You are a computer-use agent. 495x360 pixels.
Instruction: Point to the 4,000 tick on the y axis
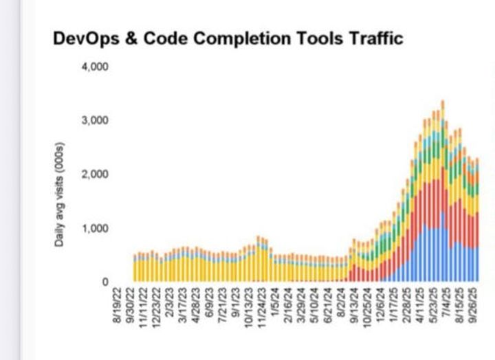96,67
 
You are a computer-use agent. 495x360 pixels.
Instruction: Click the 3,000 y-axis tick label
96,121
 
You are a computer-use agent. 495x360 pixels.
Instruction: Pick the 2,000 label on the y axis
96,175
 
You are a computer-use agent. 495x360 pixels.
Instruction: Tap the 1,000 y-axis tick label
96,228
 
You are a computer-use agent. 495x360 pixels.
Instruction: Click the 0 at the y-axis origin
105,282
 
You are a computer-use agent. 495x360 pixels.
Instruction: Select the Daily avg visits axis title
60,196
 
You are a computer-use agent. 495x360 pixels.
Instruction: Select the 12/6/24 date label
380,308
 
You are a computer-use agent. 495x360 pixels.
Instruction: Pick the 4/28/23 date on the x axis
196,308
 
